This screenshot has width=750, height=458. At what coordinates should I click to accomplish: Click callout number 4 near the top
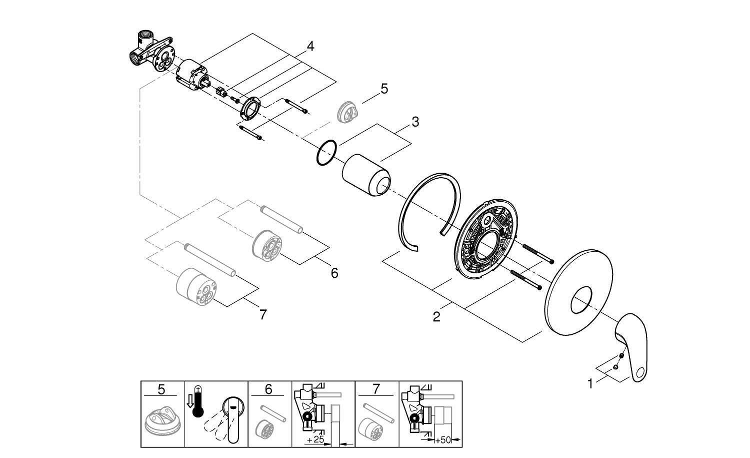click(x=310, y=47)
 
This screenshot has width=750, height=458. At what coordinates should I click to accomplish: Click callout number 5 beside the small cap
click(x=384, y=89)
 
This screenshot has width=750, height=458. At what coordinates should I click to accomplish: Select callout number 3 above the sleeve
click(x=415, y=122)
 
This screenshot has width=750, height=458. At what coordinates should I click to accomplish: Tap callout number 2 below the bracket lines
click(x=436, y=317)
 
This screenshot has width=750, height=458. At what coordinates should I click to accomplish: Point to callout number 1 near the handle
click(x=590, y=384)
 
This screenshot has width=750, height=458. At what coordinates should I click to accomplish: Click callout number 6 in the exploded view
click(x=334, y=273)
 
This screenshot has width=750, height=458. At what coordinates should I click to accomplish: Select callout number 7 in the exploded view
click(x=263, y=315)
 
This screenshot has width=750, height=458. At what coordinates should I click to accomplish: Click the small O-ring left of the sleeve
click(x=326, y=152)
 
